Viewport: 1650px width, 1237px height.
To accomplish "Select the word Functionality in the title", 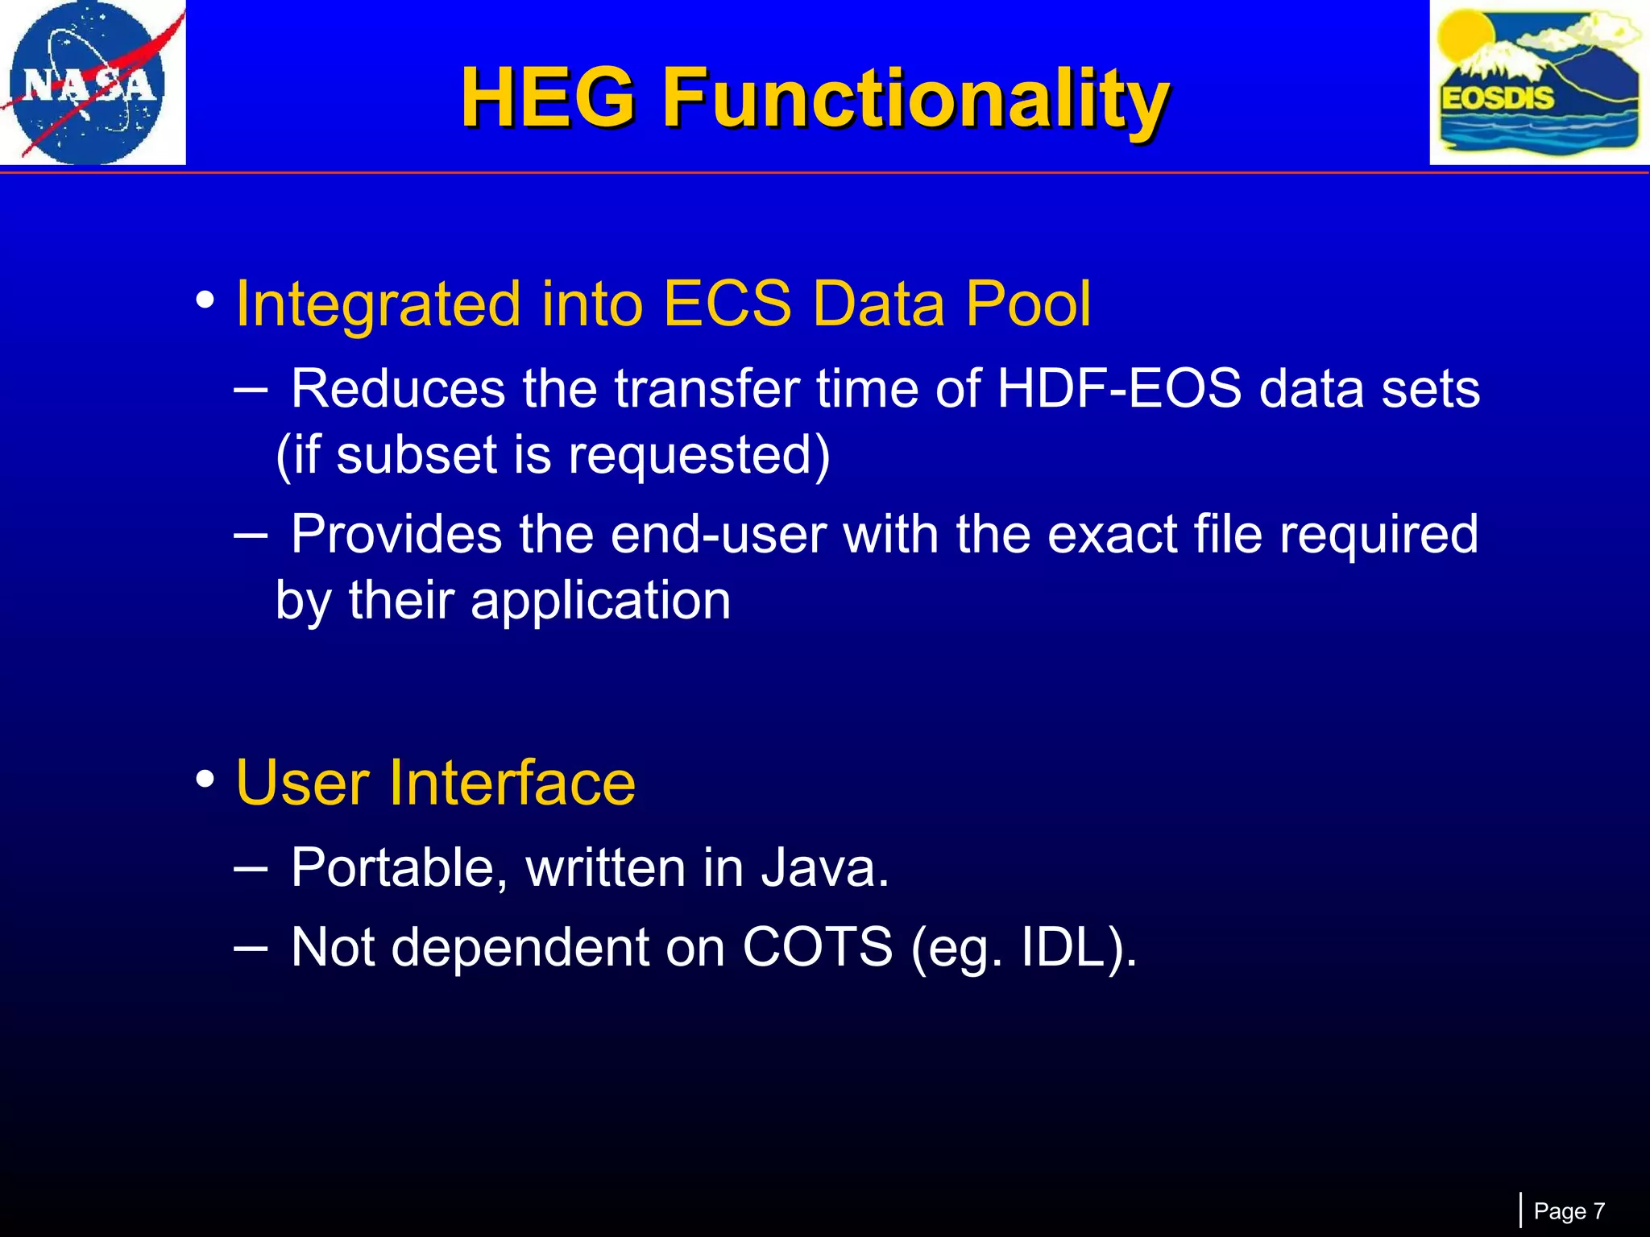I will [x=914, y=98].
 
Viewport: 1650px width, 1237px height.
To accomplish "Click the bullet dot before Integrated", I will [x=205, y=300].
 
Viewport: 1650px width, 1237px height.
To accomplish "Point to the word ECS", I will [x=727, y=304].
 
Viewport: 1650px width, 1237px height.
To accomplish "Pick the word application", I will [x=600, y=601].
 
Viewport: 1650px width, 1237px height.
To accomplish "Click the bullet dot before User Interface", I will [x=205, y=779].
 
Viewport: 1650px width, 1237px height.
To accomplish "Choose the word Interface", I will [x=512, y=783].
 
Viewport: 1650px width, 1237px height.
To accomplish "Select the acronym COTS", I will [x=817, y=947].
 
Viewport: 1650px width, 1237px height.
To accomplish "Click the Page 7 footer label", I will [x=1569, y=1211].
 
